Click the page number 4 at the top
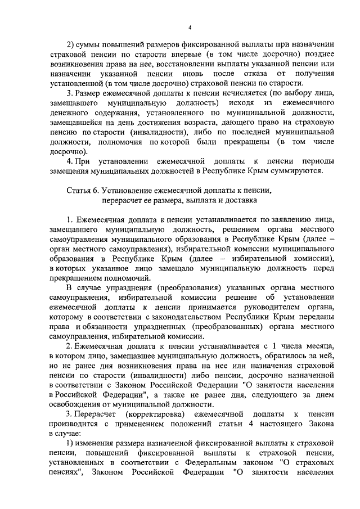(190, 28)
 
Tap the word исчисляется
(229, 92)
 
